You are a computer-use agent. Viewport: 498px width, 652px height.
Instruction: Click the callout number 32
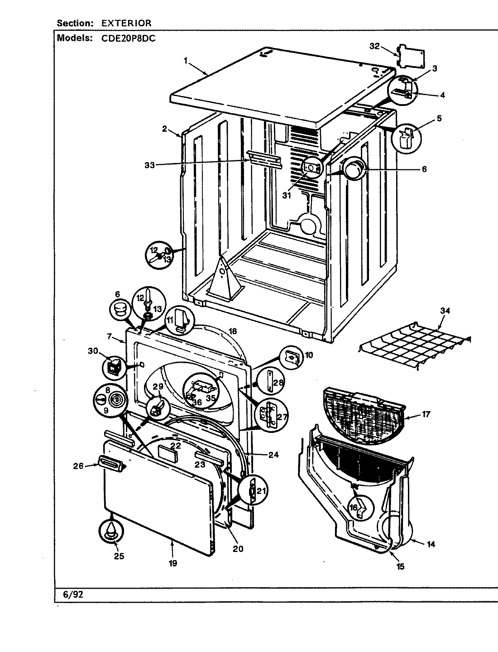click(373, 46)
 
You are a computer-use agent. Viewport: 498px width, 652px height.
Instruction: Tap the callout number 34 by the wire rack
click(445, 311)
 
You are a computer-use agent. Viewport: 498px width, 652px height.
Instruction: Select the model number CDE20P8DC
click(132, 38)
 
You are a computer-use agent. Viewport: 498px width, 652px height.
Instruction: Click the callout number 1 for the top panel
click(185, 60)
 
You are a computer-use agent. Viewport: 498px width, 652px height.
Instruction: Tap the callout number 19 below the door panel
click(172, 563)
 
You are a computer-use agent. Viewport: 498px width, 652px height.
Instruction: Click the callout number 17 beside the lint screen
click(426, 414)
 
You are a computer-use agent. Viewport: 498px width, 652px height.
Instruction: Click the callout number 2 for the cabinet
click(165, 129)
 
